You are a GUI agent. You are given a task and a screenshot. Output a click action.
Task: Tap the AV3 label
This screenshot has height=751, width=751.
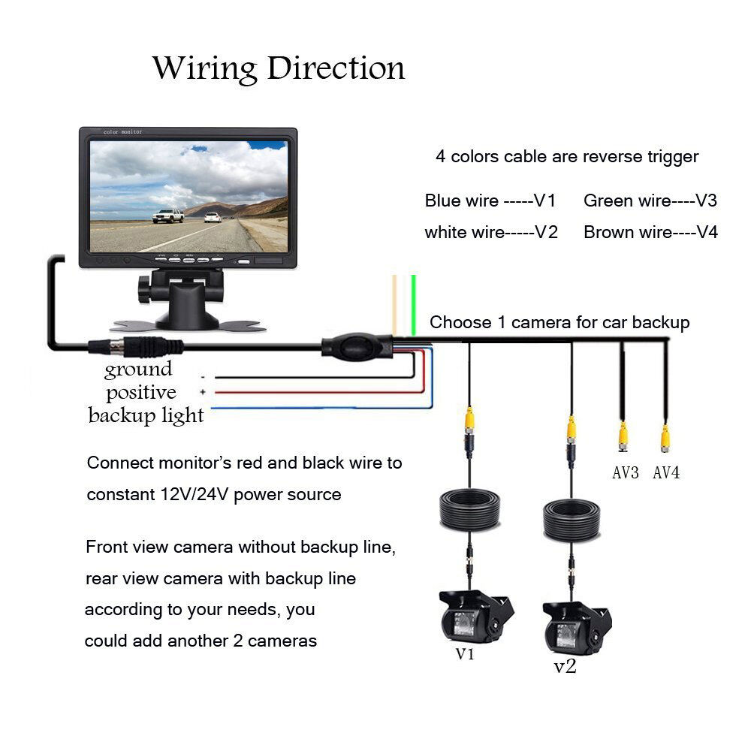625,473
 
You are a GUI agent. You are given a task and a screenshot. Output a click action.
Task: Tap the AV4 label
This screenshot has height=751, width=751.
666,473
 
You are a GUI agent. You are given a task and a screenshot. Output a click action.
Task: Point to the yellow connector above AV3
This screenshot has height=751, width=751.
623,436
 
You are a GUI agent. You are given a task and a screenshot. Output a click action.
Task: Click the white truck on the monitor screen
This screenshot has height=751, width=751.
168,216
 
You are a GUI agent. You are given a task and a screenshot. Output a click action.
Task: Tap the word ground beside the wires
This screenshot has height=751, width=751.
138,369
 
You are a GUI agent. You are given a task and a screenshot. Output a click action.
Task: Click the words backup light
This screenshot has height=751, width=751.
146,415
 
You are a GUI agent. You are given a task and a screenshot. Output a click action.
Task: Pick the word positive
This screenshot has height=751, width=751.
140,392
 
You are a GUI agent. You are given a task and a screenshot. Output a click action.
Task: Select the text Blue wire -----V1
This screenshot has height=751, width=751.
490,201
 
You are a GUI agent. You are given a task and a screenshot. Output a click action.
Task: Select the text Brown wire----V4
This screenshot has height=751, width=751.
650,232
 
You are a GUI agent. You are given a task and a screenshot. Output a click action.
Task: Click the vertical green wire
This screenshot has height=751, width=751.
414,304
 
